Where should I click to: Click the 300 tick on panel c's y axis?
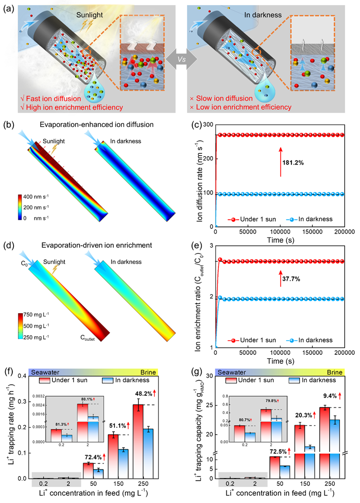(x=206, y=125)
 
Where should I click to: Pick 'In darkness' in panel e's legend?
(x=314, y=340)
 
